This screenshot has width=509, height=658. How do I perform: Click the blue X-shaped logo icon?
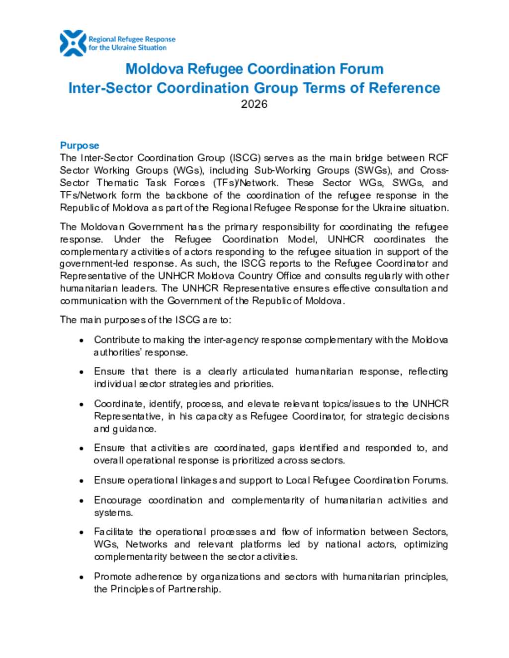pos(73,43)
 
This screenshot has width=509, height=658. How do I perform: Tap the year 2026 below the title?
pos(254,104)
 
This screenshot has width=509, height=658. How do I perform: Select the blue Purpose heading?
pos(80,146)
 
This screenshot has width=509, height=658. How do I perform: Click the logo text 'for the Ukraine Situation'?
pos(128,48)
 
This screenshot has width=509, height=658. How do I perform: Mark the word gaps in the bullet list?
pos(283,448)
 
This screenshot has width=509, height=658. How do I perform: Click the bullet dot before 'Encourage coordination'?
pos(81,501)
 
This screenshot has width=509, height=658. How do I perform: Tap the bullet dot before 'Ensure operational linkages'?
pos(81,481)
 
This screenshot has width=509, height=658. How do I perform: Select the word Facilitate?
pos(113,532)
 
